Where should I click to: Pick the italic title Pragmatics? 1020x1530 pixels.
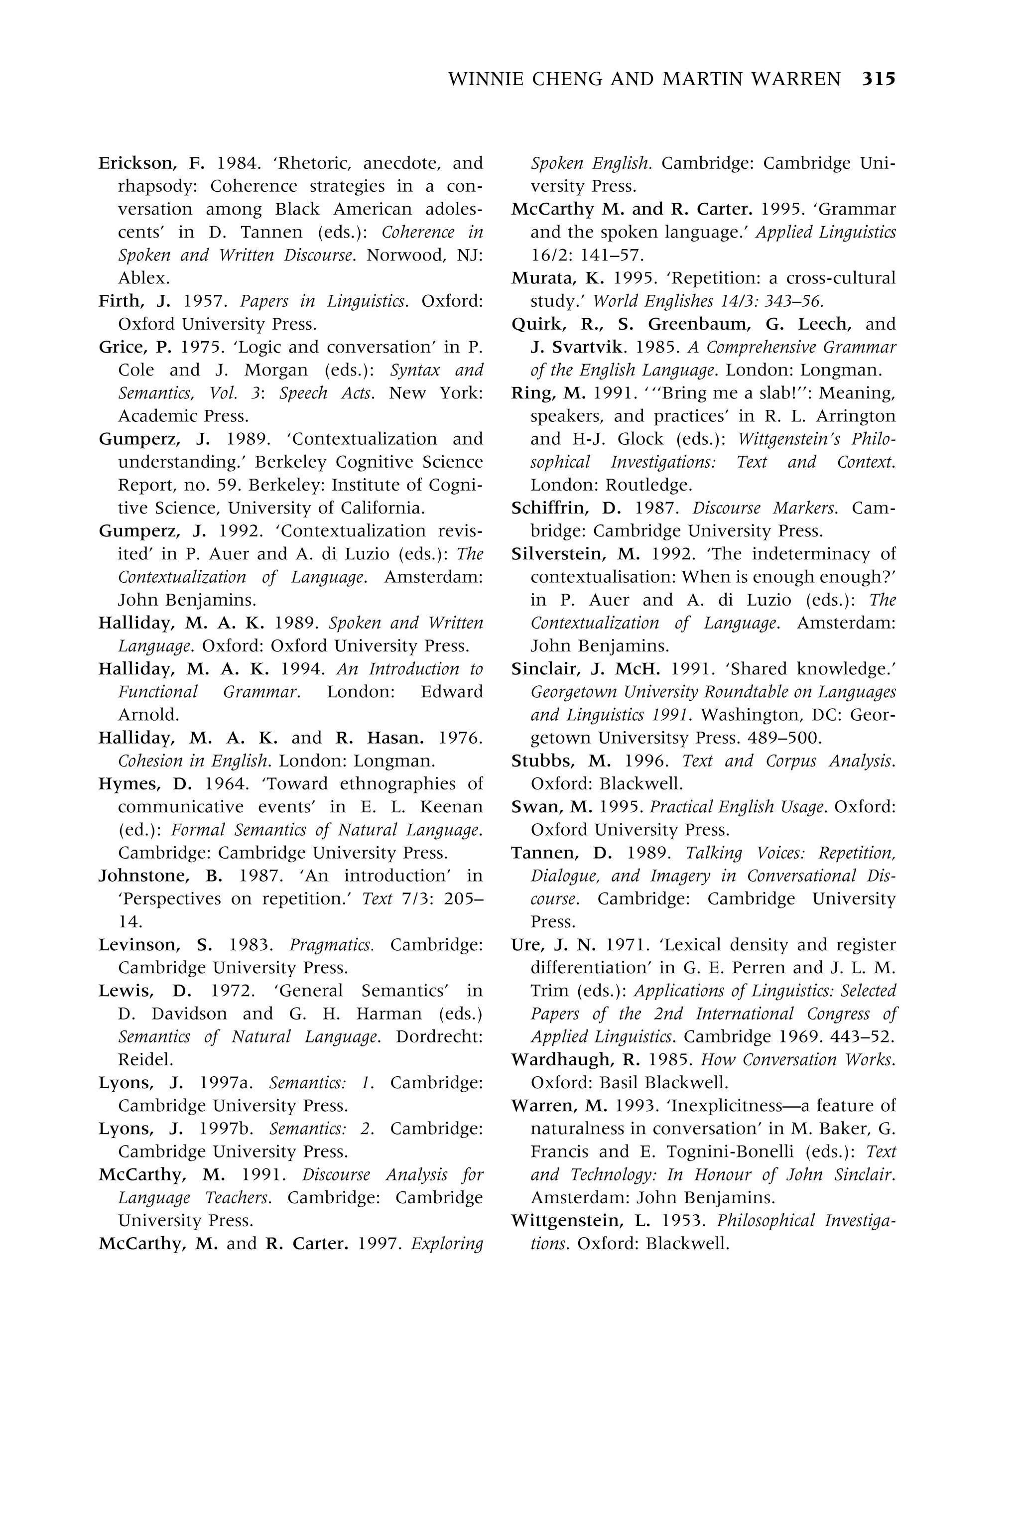click(331, 944)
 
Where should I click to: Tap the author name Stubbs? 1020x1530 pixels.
click(547, 761)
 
